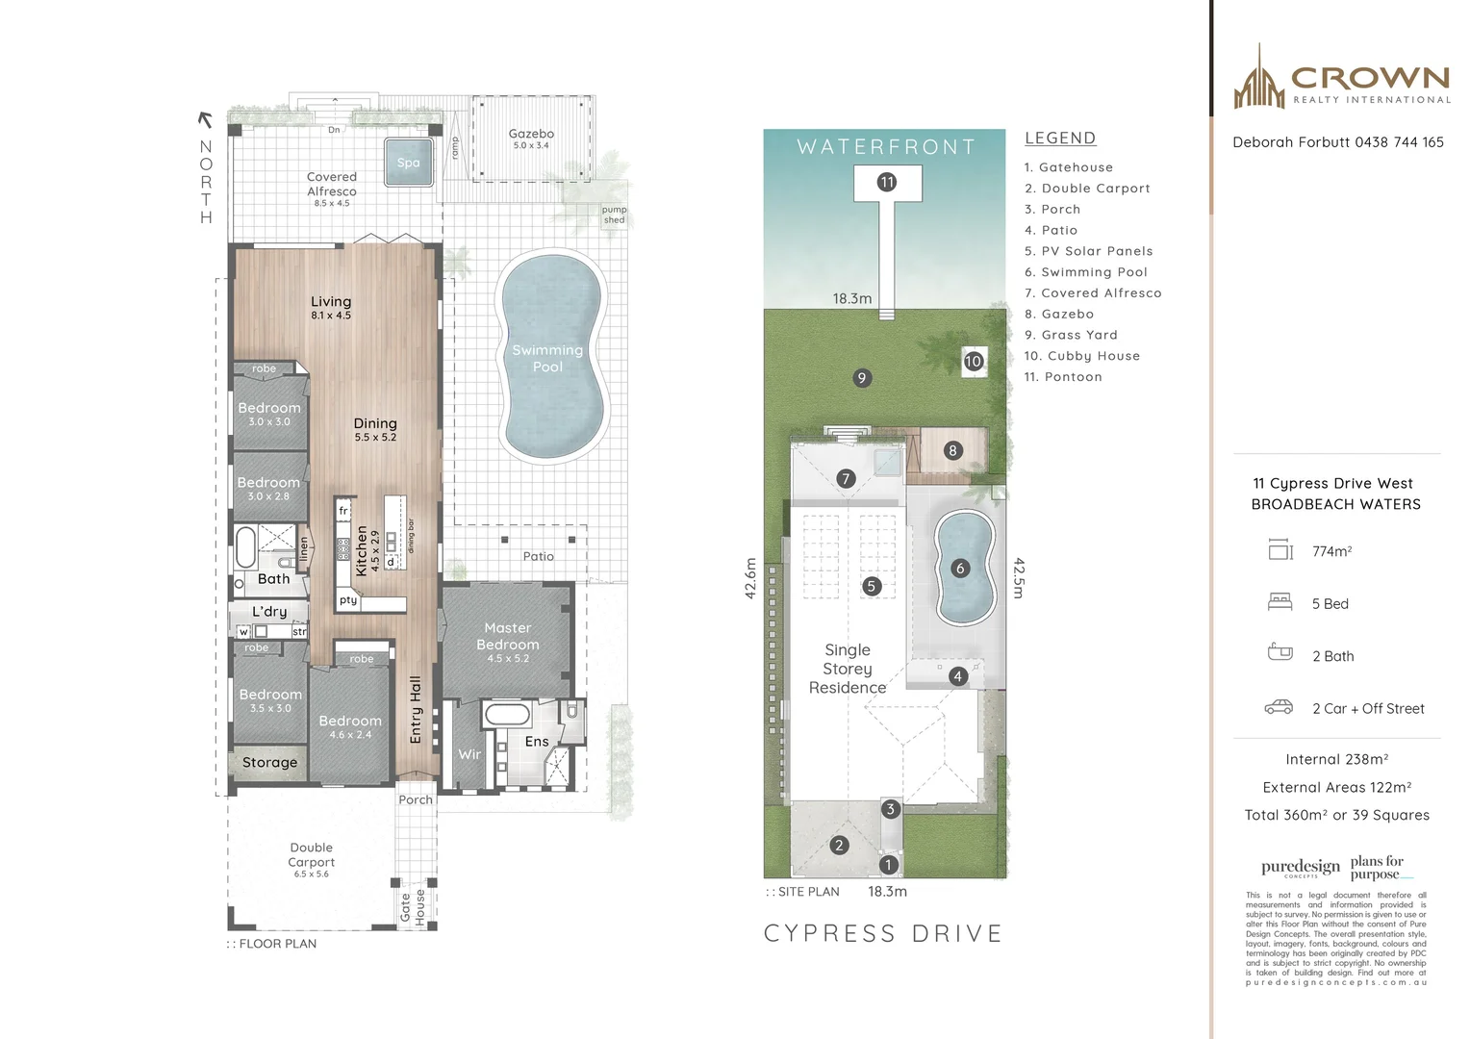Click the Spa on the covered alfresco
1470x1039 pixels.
click(x=408, y=162)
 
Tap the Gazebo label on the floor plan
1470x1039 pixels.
click(x=531, y=135)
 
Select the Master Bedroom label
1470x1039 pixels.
click(x=507, y=636)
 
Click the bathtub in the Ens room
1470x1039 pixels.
click(x=506, y=714)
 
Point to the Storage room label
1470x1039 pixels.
click(x=269, y=762)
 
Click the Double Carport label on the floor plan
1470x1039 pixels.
click(x=312, y=855)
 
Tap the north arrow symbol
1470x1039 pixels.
click(x=204, y=119)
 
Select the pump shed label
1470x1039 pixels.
click(x=614, y=215)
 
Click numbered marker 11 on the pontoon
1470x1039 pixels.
click(x=887, y=182)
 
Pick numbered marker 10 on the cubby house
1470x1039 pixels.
click(x=974, y=361)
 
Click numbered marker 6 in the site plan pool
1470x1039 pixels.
click(x=959, y=568)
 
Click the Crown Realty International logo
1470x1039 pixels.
click(x=1341, y=79)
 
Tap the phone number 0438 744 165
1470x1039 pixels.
click(x=1399, y=142)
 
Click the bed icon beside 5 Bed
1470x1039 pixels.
click(x=1280, y=602)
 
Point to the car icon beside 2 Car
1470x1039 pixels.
click(x=1279, y=707)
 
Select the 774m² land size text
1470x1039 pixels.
click(x=1331, y=551)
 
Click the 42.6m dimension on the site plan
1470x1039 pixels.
click(x=751, y=578)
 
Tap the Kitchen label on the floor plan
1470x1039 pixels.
click(x=362, y=550)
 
